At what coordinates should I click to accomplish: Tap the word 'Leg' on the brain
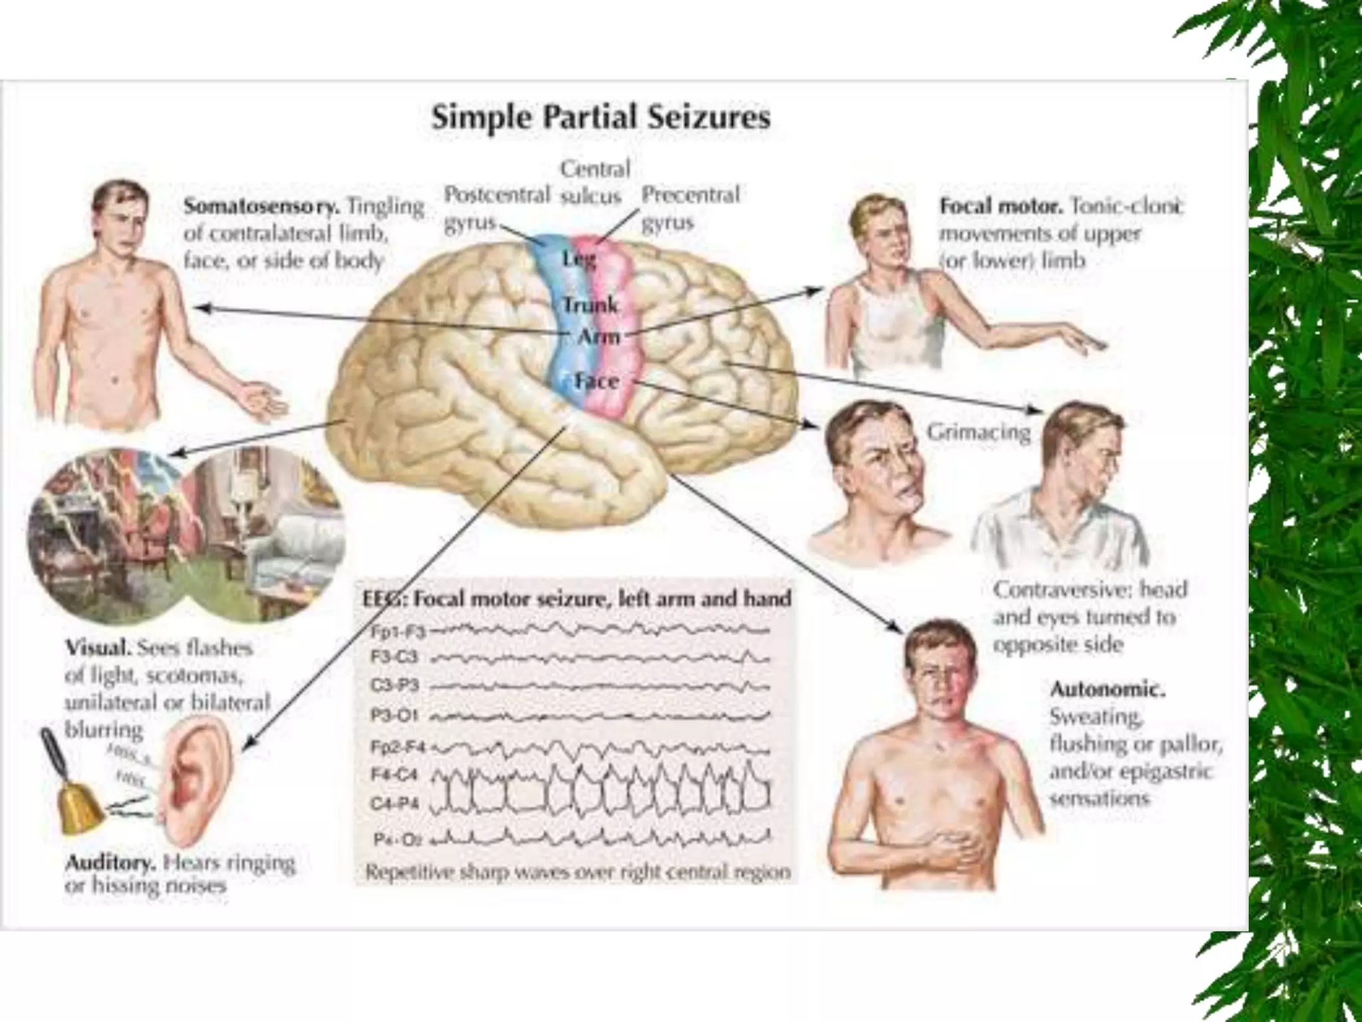(579, 258)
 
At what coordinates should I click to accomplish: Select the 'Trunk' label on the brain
(591, 305)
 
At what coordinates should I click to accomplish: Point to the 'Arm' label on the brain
(598, 337)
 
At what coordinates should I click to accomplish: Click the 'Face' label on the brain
(597, 381)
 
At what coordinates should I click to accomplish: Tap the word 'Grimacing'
(978, 432)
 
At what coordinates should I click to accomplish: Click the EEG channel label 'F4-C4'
(394, 775)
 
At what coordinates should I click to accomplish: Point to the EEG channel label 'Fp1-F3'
(397, 630)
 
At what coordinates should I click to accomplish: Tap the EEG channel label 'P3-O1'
(394, 715)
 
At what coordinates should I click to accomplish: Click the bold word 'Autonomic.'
(1107, 689)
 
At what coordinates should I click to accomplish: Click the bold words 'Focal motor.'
(1000, 206)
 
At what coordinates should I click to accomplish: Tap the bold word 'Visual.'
(98, 647)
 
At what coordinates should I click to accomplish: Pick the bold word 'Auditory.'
(110, 863)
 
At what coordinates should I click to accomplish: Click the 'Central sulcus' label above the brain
(594, 182)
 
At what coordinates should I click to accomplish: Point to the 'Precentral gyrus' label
(690, 208)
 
